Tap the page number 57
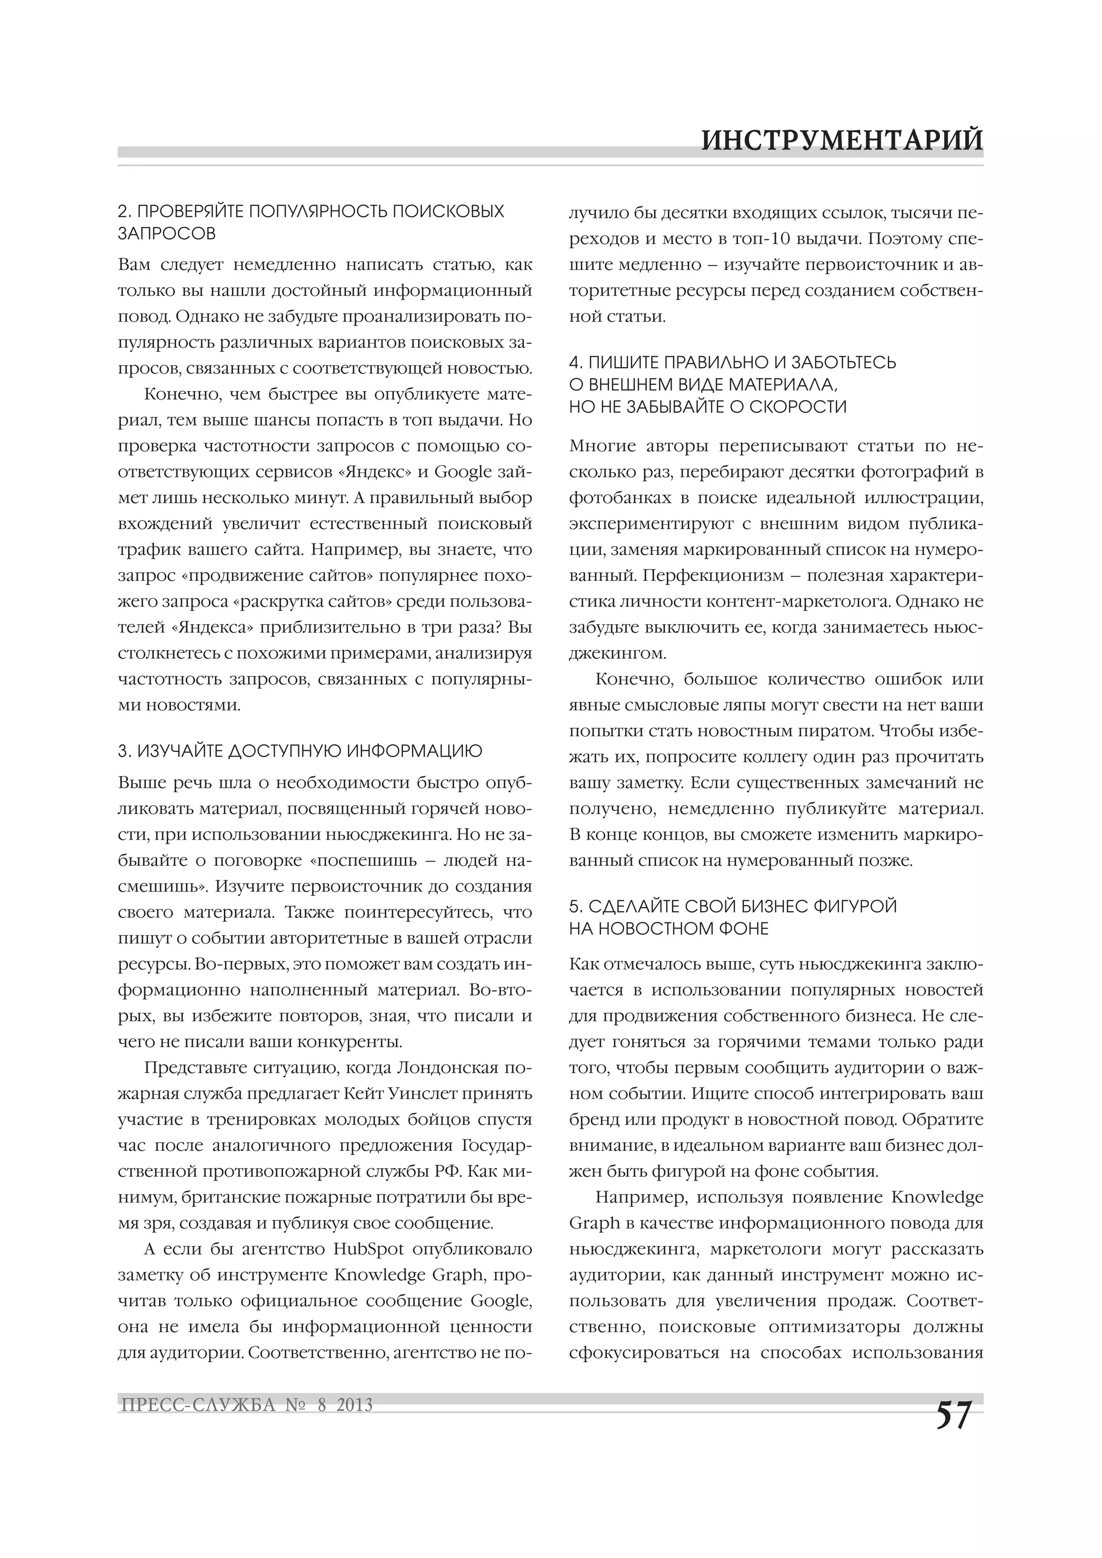(x=954, y=1415)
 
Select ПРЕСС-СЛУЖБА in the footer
(x=197, y=1405)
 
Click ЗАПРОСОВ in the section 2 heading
(x=167, y=233)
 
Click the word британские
(x=225, y=1197)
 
